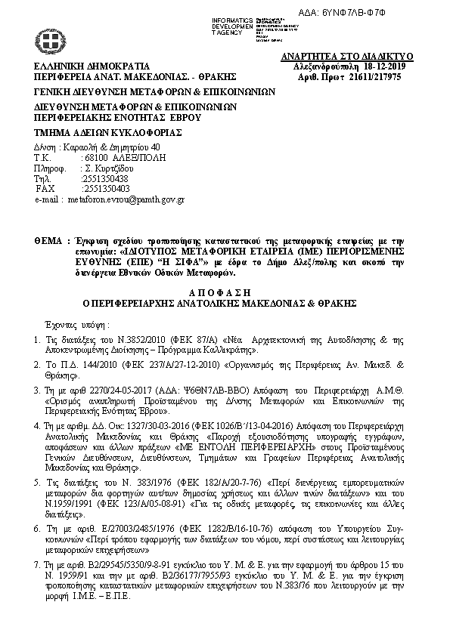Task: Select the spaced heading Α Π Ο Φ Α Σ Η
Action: pos(224,291)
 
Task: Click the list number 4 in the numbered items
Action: pos(38,427)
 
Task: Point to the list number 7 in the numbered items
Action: pos(38,563)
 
